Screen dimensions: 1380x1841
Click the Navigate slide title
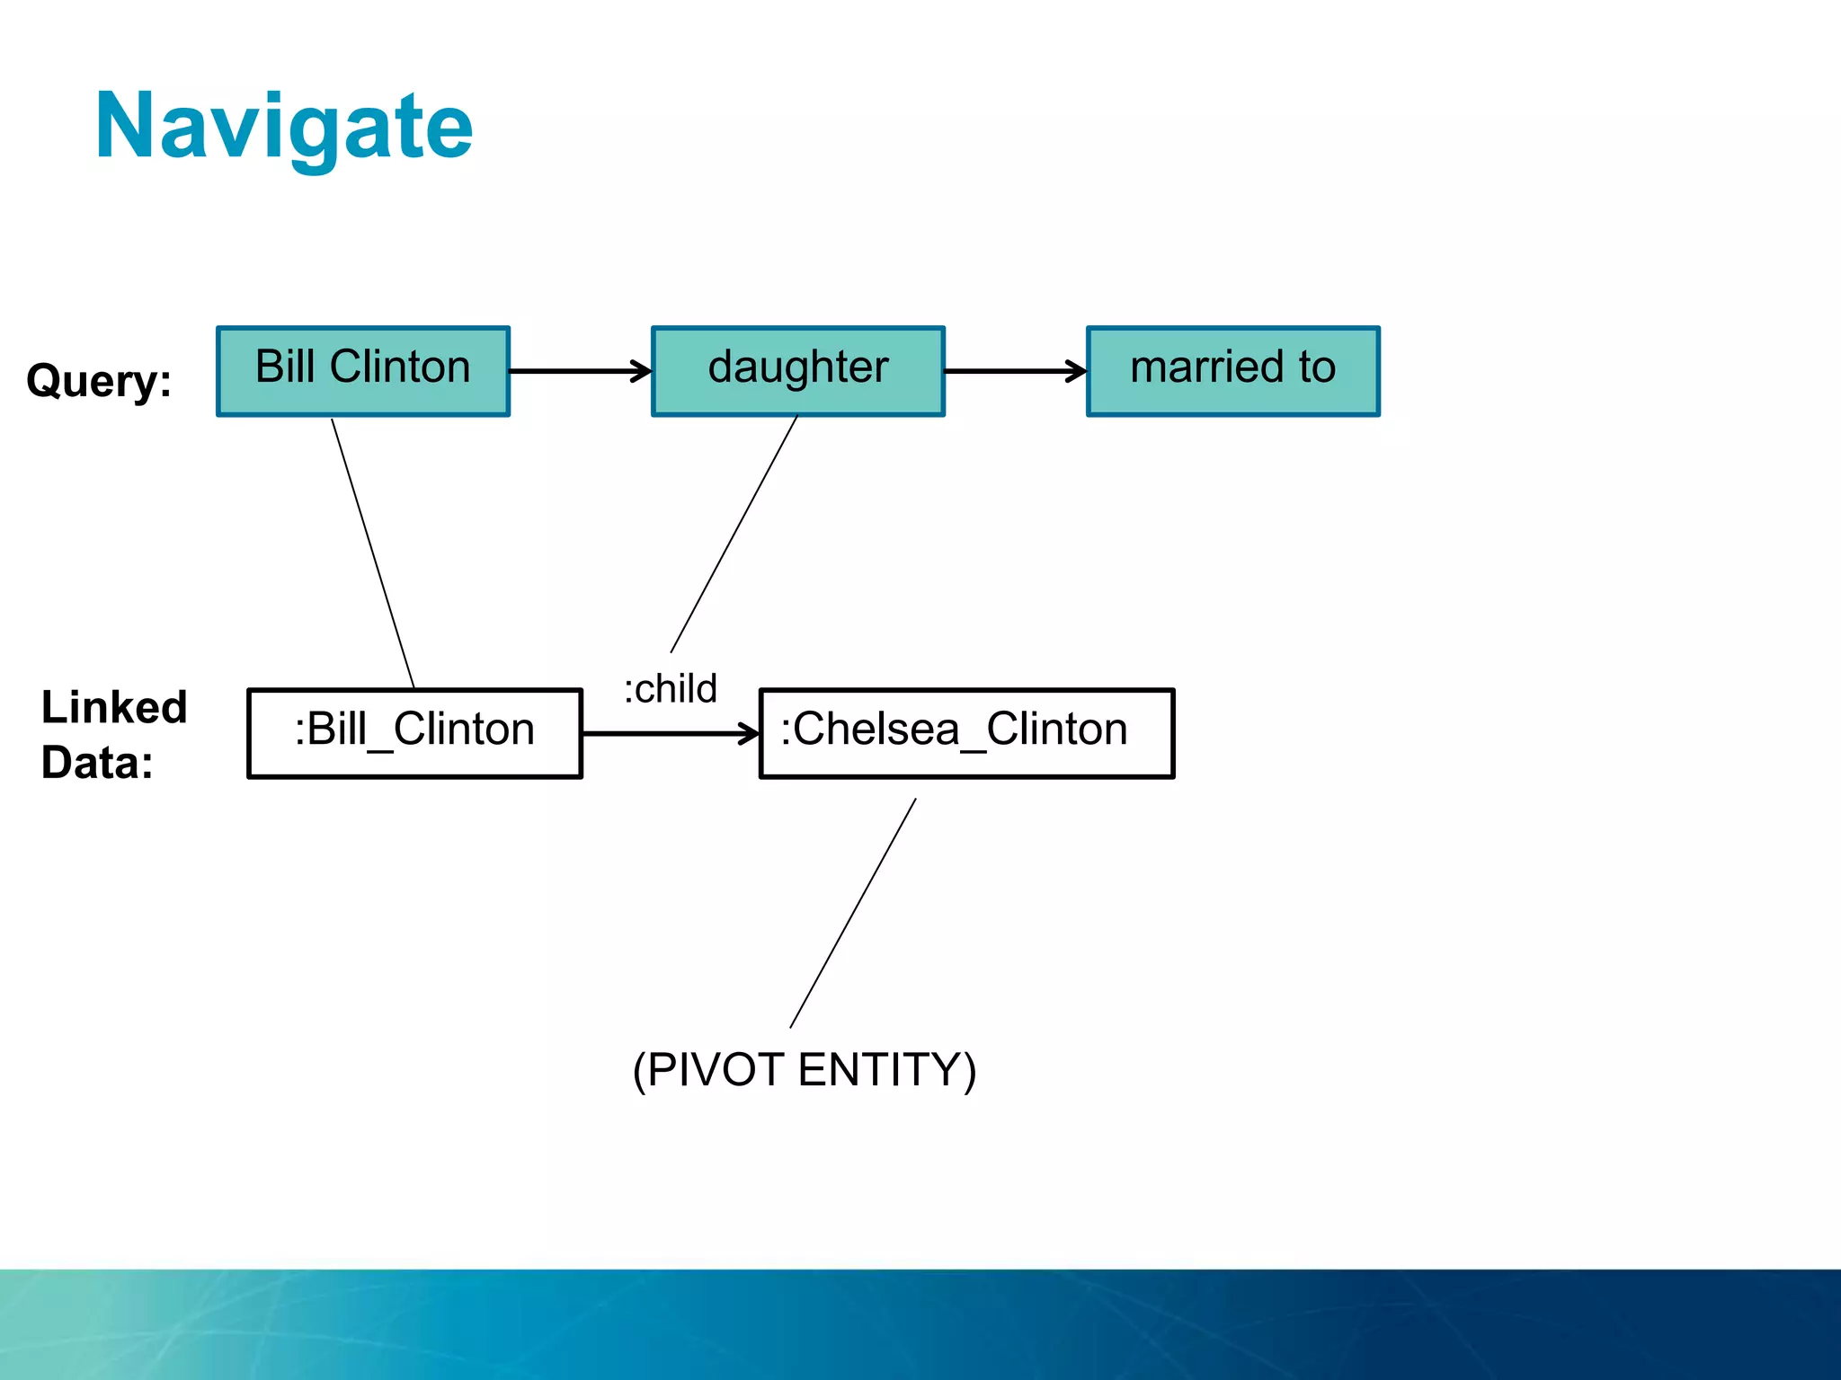coord(284,128)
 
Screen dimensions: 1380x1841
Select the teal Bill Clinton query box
coord(363,371)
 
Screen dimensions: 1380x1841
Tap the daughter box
coord(797,371)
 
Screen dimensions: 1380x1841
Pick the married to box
coord(1232,371)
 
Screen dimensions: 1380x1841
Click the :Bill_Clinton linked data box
coord(414,732)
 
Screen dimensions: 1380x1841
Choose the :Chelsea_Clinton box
coord(966,732)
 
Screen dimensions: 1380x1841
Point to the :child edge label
coord(671,689)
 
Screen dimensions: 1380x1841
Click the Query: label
coord(99,380)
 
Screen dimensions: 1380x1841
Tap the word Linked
coord(114,707)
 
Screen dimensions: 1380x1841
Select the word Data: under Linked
coord(97,763)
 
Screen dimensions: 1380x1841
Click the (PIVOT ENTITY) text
coord(804,1069)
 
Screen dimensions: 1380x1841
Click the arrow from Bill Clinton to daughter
coord(580,371)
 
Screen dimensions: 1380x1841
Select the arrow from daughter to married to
coord(1015,371)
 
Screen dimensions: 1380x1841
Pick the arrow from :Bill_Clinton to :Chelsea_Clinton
coord(670,734)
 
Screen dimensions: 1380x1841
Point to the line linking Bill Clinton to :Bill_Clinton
coord(373,553)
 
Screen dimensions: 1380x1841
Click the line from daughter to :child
coord(734,535)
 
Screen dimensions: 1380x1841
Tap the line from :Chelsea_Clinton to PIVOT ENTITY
coord(852,914)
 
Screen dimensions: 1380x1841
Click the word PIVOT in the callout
coord(715,1069)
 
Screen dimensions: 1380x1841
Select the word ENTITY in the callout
coord(880,1069)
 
